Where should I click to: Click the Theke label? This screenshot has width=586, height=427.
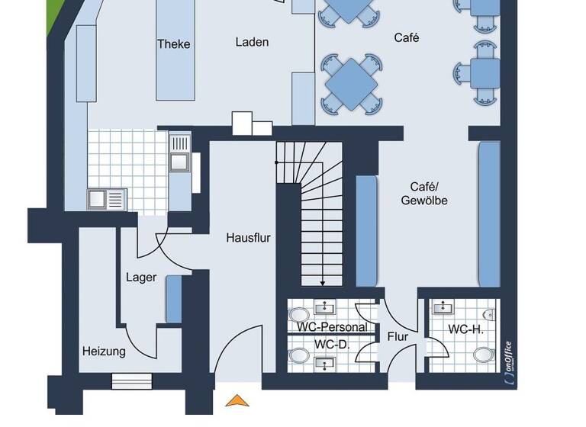point(173,43)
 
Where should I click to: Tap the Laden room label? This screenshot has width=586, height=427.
point(252,42)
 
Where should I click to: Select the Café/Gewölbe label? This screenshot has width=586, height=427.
point(424,194)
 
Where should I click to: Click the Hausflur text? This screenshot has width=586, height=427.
point(248,237)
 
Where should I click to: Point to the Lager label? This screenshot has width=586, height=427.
point(141,277)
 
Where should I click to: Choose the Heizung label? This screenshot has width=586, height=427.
point(104,352)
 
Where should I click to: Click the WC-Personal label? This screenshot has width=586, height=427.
point(332,327)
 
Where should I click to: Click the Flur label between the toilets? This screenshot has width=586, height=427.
point(398,336)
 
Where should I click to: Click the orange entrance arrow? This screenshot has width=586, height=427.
point(238,400)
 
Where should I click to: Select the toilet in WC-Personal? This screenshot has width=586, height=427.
point(299,313)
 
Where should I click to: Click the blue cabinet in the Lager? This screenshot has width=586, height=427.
point(174,299)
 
